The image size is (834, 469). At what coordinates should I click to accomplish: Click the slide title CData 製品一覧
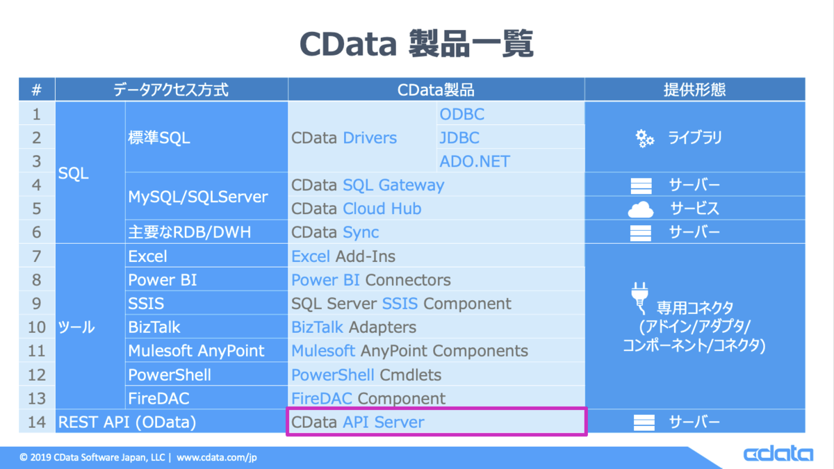416,44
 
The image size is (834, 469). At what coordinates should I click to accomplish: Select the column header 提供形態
695,90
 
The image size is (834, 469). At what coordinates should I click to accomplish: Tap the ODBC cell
510,113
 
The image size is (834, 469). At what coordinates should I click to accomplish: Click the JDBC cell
510,138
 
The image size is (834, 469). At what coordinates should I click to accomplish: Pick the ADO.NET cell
510,161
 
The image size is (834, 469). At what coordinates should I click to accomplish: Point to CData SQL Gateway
368,185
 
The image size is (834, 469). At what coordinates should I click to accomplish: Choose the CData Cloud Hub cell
436,208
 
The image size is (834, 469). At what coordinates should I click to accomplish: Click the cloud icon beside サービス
640,209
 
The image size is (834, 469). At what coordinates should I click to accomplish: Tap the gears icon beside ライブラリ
644,138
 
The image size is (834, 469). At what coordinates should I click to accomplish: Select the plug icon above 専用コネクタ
639,298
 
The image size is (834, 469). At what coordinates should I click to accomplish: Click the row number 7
36,256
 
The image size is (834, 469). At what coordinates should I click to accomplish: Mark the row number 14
36,422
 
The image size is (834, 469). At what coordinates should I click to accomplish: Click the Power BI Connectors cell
436,280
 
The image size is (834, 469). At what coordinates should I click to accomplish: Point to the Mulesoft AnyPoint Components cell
436,351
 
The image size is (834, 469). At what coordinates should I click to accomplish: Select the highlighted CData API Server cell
436,422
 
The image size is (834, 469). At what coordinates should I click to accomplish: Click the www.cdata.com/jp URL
217,457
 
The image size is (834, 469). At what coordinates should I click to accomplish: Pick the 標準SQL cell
206,138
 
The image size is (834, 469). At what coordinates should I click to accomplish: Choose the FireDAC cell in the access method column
206,398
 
